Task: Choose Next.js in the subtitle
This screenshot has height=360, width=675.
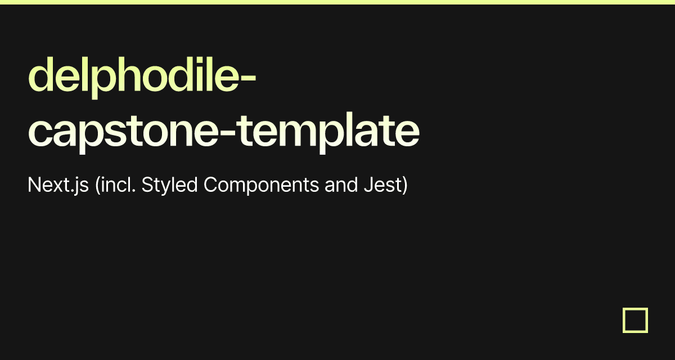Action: [58, 184]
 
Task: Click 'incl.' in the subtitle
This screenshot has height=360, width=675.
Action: [118, 184]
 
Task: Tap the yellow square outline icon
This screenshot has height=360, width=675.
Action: [635, 320]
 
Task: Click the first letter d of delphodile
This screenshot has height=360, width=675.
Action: [39, 76]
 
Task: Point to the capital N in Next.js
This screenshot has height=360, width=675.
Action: [33, 184]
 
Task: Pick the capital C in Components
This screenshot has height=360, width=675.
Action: [210, 184]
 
